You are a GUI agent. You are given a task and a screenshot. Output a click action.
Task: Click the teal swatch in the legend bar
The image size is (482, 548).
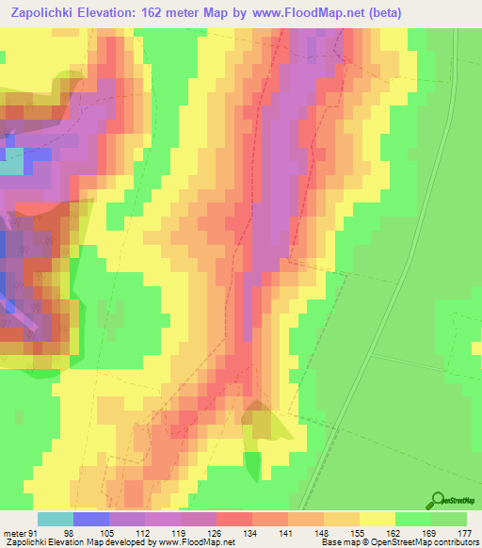coord(56,519)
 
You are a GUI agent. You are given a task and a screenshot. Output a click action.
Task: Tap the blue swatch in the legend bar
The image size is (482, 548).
coord(91,519)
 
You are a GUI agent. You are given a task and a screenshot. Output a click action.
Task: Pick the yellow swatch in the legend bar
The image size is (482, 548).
coord(378,519)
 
